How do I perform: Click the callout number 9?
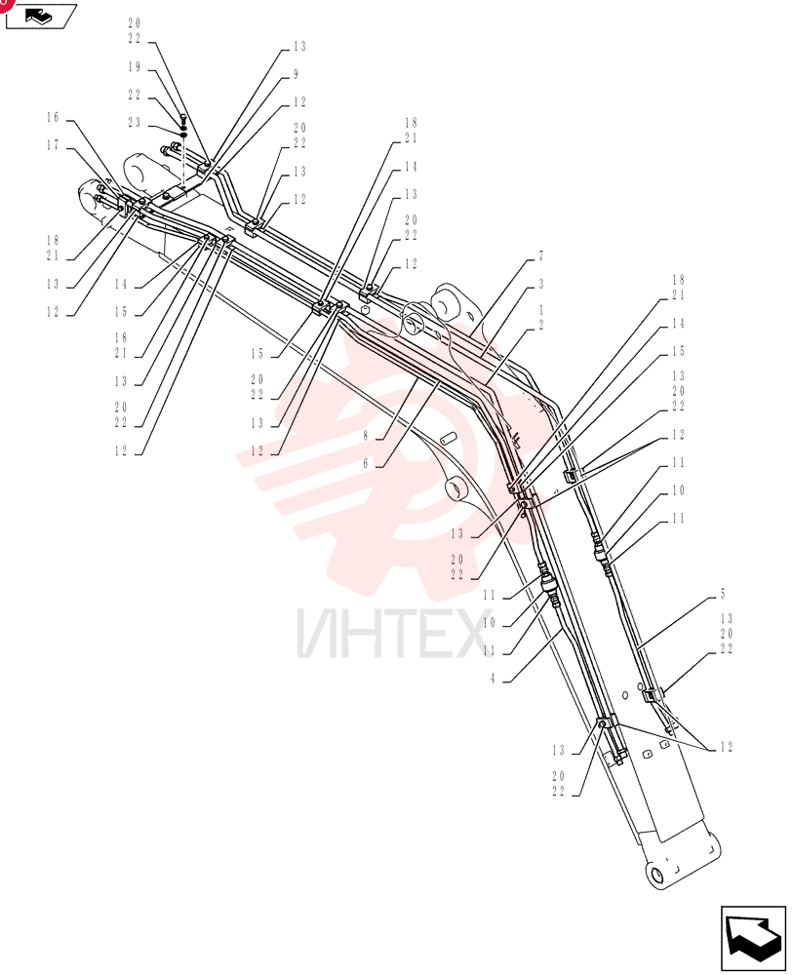click(297, 75)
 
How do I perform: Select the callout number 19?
click(135, 67)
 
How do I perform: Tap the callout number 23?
click(135, 123)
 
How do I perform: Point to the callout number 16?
click(53, 118)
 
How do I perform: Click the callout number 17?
click(53, 145)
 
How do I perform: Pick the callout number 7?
click(541, 256)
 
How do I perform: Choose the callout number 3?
click(541, 284)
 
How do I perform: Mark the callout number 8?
click(366, 436)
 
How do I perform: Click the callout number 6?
click(366, 463)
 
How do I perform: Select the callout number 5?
click(723, 595)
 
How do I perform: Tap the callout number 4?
click(493, 679)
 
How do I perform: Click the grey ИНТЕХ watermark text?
click(393, 635)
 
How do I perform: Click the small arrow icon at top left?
click(41, 17)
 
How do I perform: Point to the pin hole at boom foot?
click(657, 875)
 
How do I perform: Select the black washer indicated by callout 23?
click(183, 135)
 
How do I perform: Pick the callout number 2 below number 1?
click(541, 326)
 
